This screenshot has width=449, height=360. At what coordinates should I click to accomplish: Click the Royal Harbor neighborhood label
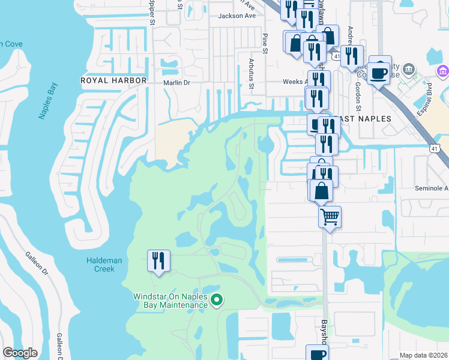[x=114, y=80]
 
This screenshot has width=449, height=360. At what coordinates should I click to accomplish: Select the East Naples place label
[x=363, y=119]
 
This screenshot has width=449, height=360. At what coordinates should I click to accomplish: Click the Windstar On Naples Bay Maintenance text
[x=170, y=301]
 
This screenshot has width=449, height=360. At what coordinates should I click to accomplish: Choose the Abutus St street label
[x=252, y=75]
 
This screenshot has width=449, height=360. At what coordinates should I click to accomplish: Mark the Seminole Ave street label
[x=432, y=188]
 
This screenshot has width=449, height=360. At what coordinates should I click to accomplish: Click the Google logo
[x=20, y=353]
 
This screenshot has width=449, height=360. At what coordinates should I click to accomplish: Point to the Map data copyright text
[x=423, y=355]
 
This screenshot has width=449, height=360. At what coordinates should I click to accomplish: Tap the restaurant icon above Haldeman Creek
[x=158, y=260]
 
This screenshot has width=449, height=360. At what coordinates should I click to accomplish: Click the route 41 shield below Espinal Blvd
[x=434, y=146]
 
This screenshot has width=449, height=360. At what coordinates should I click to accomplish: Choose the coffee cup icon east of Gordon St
[x=379, y=73]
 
